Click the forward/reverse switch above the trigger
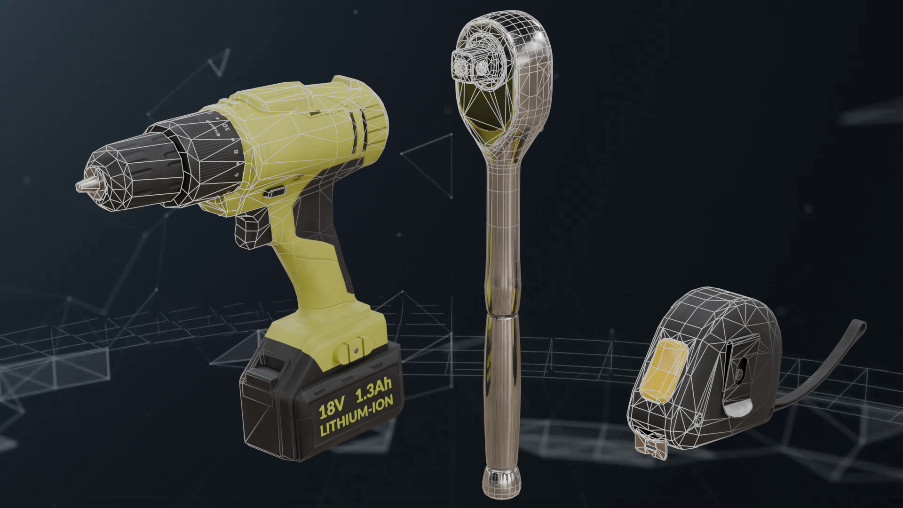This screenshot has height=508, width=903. point(275,192)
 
